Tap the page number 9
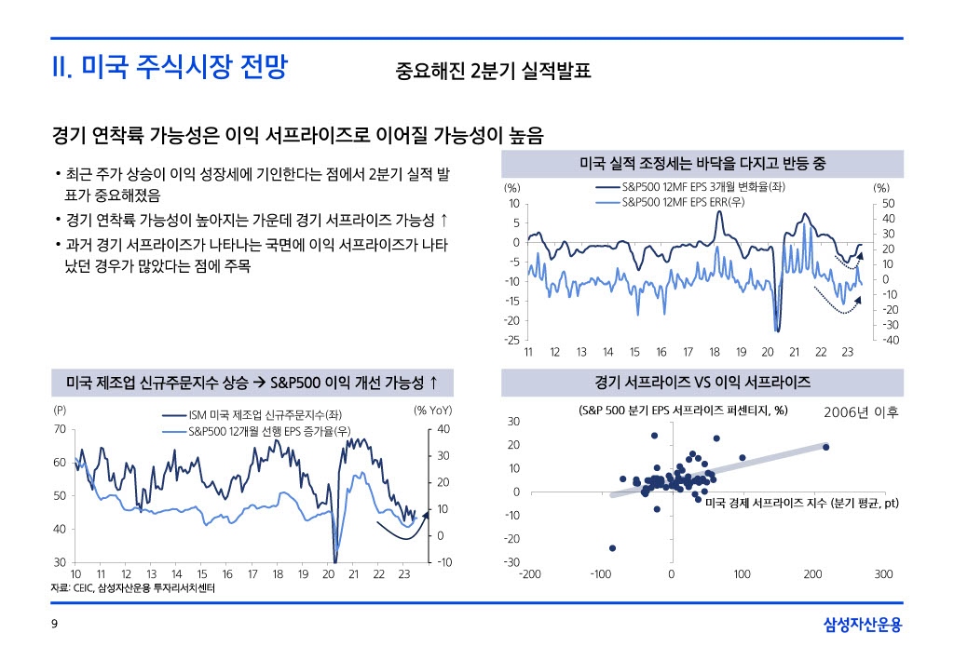[x=54, y=625]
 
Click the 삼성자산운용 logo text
[x=863, y=625]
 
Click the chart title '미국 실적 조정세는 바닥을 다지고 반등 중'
[x=702, y=164]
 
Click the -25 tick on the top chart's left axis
[x=513, y=340]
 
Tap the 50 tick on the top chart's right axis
[x=888, y=204]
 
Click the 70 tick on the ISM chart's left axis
[x=60, y=429]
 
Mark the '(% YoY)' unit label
[x=432, y=410]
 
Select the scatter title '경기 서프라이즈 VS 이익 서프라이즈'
[x=702, y=382]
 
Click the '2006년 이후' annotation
[x=862, y=411]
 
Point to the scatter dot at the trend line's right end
[x=825, y=447]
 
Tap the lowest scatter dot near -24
[x=612, y=547]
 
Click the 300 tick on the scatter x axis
[x=883, y=573]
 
